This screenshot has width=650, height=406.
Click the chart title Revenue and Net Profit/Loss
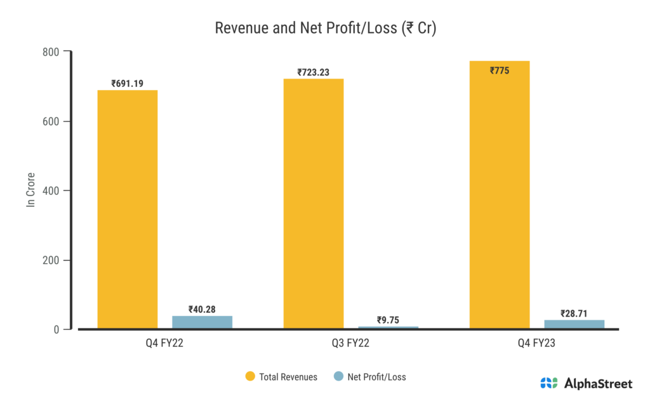(x=324, y=29)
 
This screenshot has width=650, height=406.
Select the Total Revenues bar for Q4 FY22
(x=127, y=209)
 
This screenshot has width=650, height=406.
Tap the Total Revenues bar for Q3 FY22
(x=314, y=203)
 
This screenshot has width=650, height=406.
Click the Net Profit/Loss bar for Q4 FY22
(x=202, y=322)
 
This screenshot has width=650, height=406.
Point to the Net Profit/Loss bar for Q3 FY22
(x=388, y=327)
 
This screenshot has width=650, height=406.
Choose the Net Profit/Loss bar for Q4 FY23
(x=574, y=324)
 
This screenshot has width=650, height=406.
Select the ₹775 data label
(x=500, y=70)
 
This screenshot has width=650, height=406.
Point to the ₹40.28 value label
(x=202, y=310)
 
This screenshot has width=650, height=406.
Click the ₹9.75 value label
(x=388, y=320)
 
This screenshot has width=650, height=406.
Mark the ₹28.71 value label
(x=574, y=313)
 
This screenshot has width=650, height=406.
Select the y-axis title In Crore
(x=30, y=190)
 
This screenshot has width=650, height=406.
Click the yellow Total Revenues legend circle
(x=250, y=377)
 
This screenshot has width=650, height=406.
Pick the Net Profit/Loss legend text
(x=377, y=377)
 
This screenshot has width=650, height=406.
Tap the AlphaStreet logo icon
(x=548, y=383)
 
